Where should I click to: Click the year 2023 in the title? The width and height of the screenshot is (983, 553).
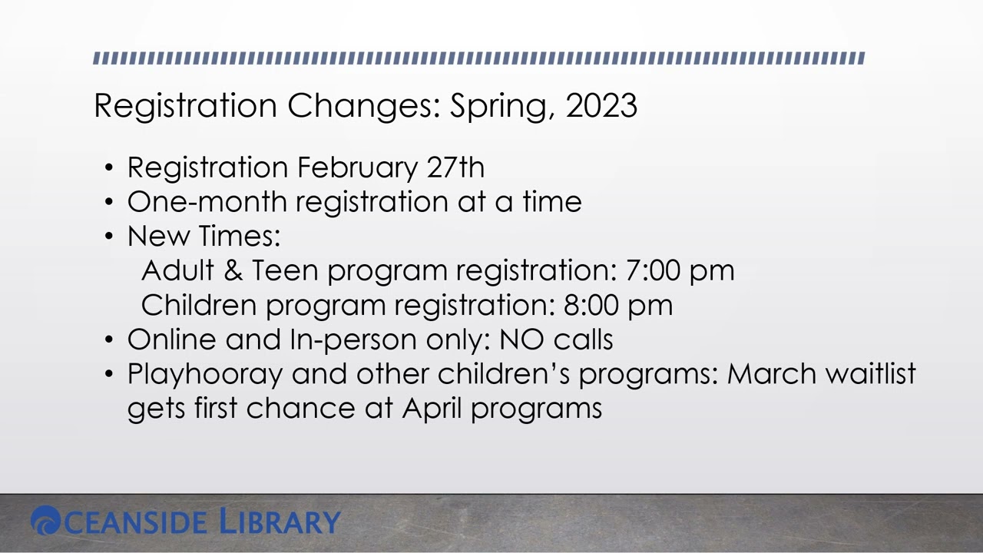click(x=601, y=105)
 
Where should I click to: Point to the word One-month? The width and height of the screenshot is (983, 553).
click(x=207, y=202)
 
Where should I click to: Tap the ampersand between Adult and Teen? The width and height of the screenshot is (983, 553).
click(x=233, y=270)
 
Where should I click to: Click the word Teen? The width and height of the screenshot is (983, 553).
click(x=285, y=270)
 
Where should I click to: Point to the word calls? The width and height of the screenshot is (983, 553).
click(x=583, y=339)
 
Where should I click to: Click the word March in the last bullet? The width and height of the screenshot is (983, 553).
click(x=771, y=374)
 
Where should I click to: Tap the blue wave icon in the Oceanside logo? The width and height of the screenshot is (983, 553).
click(x=45, y=521)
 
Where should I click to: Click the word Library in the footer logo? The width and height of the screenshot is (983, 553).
click(x=280, y=522)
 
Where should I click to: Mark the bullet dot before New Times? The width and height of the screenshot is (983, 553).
click(x=110, y=237)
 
